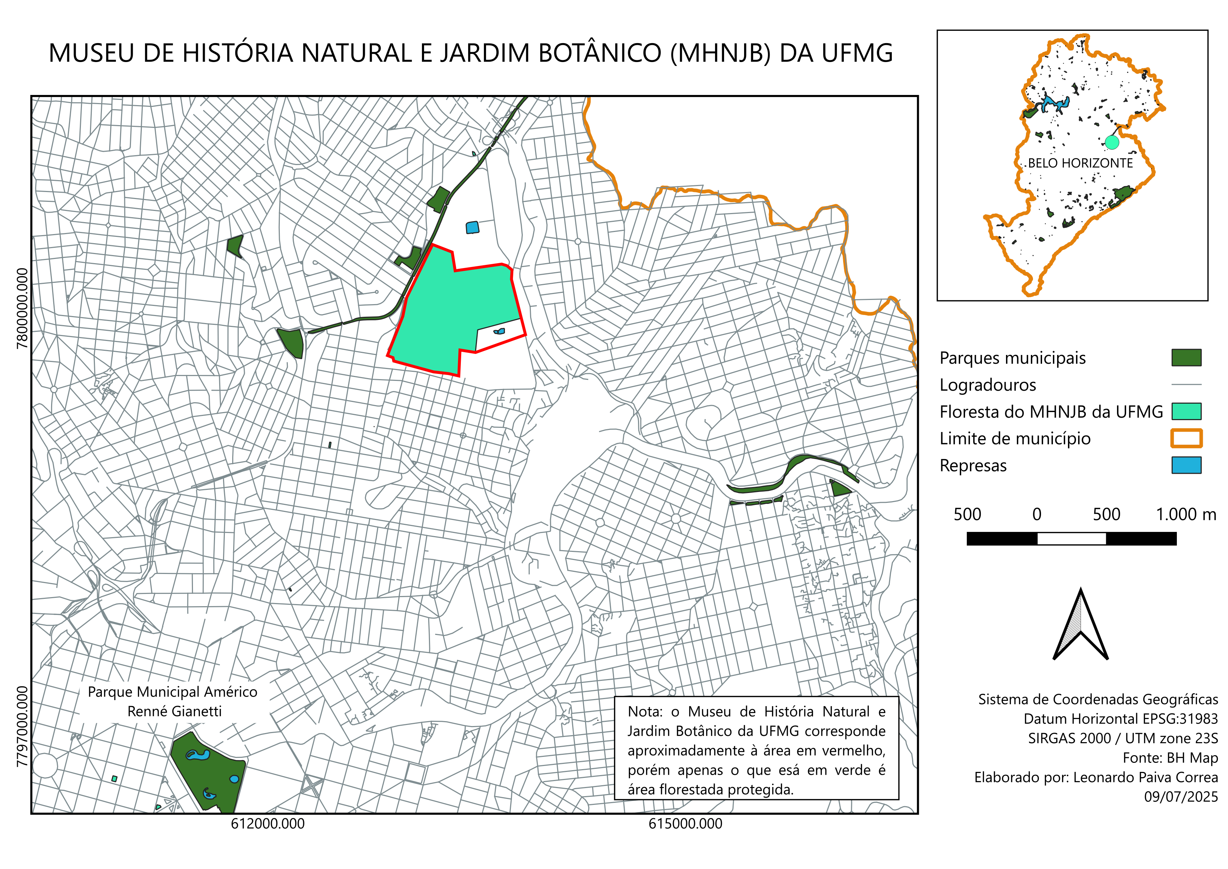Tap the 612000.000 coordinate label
(x=268, y=823)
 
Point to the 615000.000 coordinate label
(x=685, y=823)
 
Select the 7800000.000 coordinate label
(x=22, y=308)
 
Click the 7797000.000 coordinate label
(x=22, y=726)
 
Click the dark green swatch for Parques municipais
(x=1186, y=357)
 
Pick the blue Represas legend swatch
(x=1186, y=465)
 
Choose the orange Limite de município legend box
(x=1186, y=438)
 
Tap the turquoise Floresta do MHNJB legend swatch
(x=1186, y=411)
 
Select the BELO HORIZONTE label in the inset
(x=1080, y=163)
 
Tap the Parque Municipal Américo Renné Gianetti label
(x=173, y=702)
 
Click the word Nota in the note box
(x=645, y=712)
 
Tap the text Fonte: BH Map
(x=1170, y=758)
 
